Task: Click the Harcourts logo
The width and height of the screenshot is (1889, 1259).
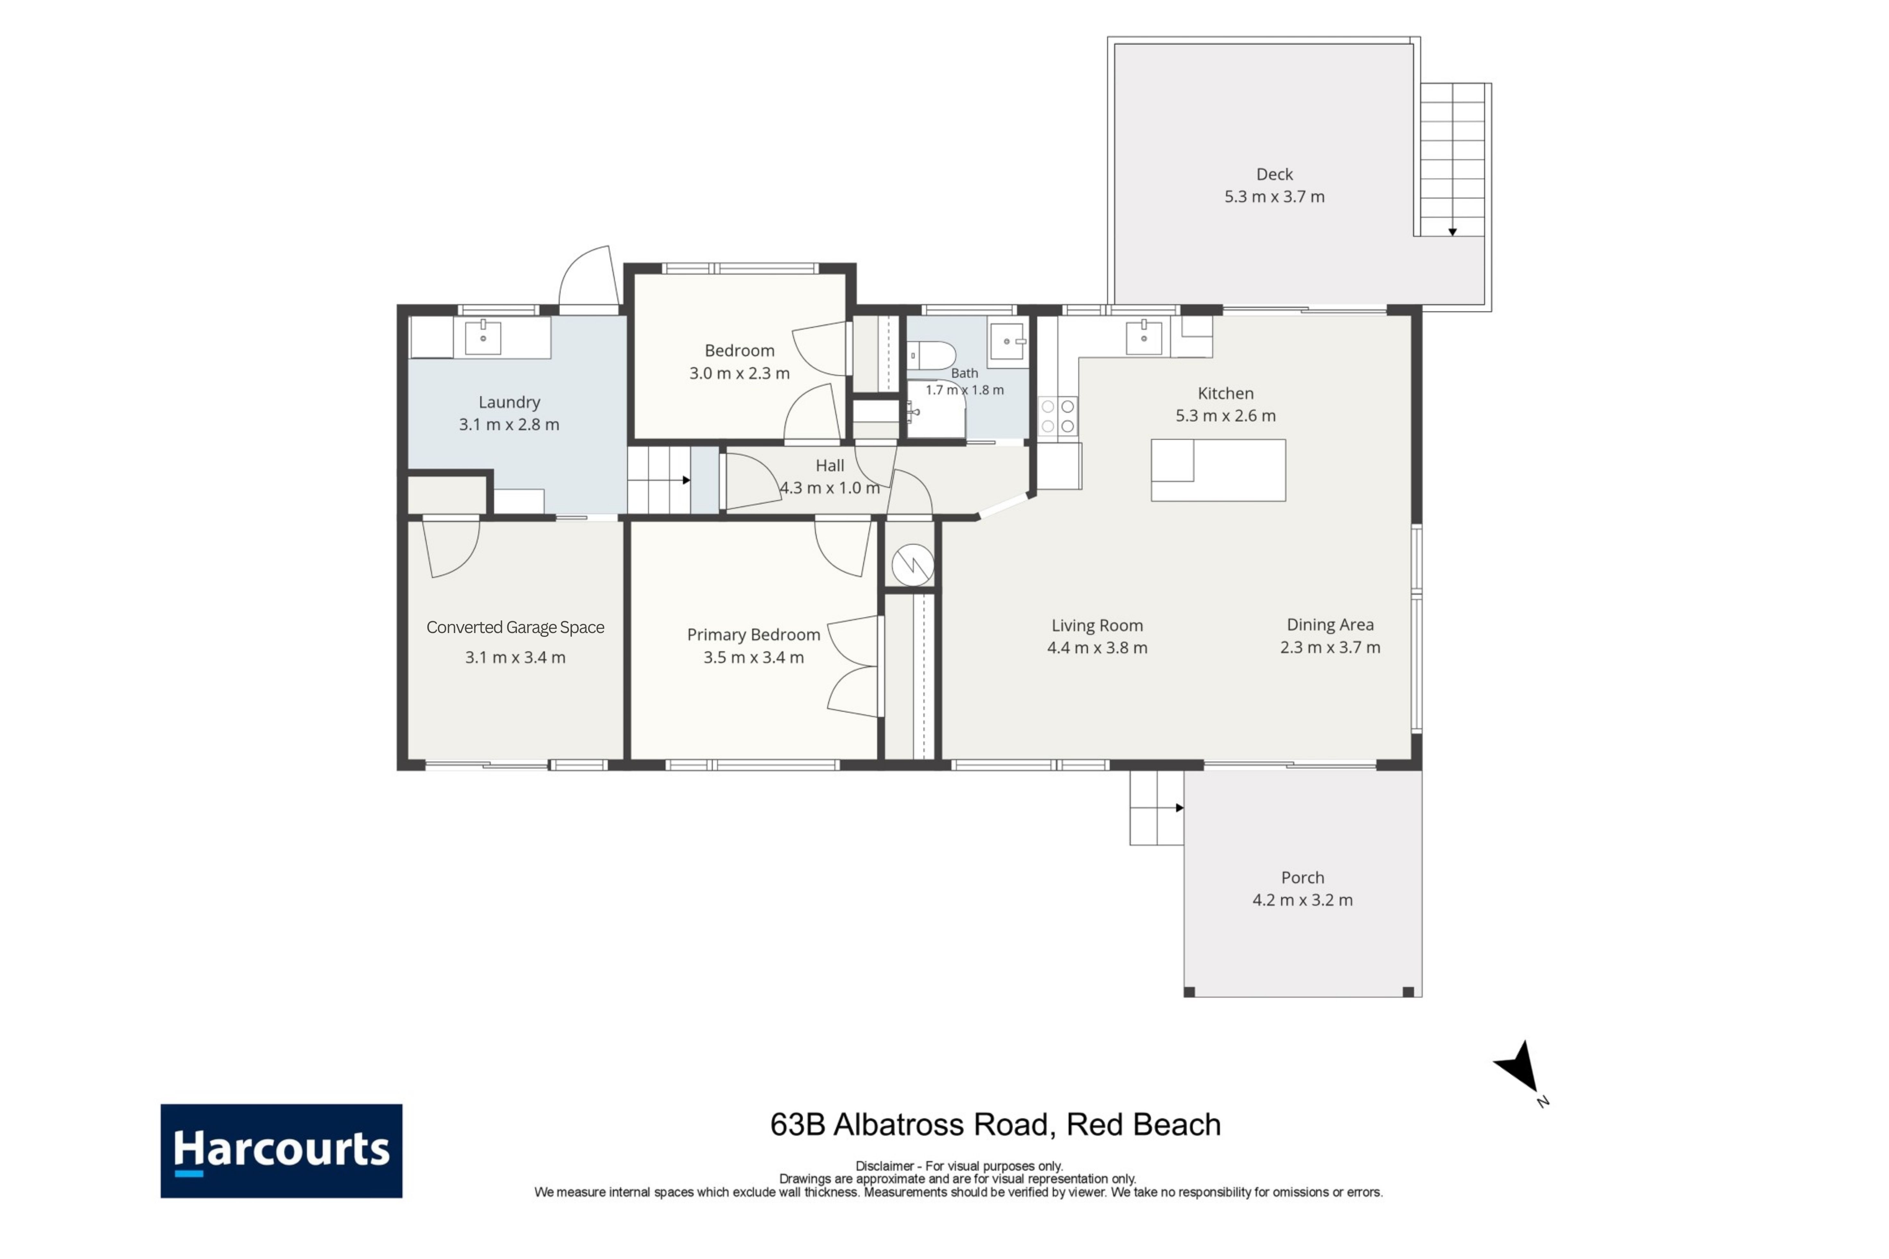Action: click(281, 1150)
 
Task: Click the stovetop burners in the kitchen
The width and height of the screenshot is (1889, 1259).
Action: click(1058, 416)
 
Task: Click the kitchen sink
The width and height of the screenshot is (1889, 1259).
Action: click(1144, 337)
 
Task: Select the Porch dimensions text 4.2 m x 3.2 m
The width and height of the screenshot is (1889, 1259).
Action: click(1303, 900)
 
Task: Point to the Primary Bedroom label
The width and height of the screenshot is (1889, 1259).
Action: click(753, 634)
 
